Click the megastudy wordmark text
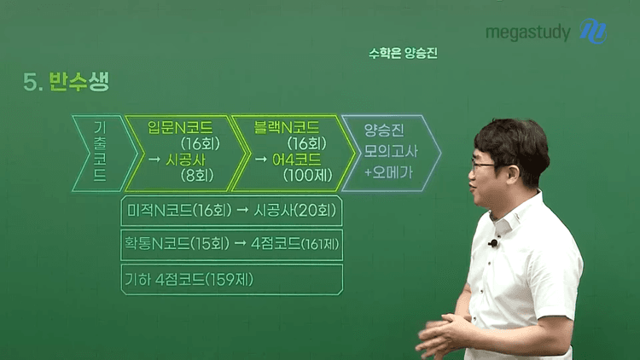(x=527, y=32)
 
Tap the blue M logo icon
(x=593, y=31)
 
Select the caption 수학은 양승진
(x=403, y=53)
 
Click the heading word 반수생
(x=79, y=82)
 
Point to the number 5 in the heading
(x=31, y=83)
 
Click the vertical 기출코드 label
(x=100, y=151)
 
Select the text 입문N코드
(x=180, y=128)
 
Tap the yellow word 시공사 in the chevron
(x=185, y=160)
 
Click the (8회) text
(x=197, y=176)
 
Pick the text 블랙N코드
(x=286, y=128)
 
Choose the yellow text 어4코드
(x=297, y=160)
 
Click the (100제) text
(x=308, y=176)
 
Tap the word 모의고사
(x=391, y=152)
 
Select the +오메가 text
(x=388, y=172)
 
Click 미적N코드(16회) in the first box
(x=179, y=211)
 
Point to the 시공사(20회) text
(x=295, y=211)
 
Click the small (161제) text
(x=320, y=245)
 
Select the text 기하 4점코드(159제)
(x=189, y=280)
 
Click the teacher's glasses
(x=482, y=166)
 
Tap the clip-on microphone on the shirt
(x=493, y=244)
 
